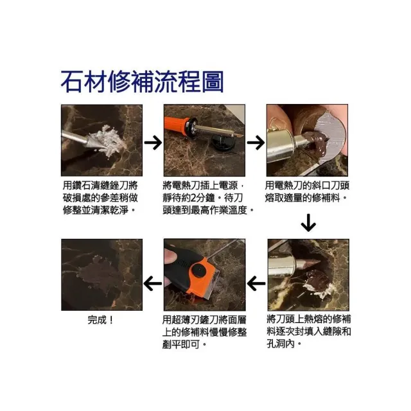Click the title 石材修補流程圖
click(x=142, y=82)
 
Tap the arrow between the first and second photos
click(x=153, y=143)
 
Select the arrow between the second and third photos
click(x=256, y=143)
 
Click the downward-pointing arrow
click(x=308, y=223)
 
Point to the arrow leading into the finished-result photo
click(x=153, y=284)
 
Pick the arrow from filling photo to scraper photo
click(x=256, y=284)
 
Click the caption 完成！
click(x=100, y=320)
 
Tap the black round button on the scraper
click(x=198, y=270)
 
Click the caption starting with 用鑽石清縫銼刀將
click(x=100, y=198)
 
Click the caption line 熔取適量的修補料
click(x=306, y=198)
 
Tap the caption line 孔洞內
click(x=284, y=344)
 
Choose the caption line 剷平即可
click(x=184, y=344)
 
